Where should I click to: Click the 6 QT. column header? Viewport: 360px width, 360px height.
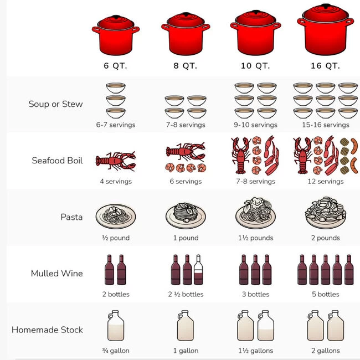(115, 65)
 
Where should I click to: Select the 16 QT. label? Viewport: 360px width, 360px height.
(325, 65)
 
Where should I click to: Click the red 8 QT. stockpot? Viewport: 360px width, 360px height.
(186, 34)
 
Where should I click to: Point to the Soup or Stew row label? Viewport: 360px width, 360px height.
(55, 104)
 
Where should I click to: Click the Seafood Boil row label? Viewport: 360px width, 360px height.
(57, 161)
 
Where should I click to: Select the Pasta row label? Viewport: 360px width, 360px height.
(71, 217)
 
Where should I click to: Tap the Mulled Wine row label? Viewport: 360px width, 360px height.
(56, 274)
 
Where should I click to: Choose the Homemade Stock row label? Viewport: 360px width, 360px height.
(47, 330)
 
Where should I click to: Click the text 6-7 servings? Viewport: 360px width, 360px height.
(115, 125)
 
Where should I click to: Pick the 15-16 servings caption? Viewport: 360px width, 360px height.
(325, 125)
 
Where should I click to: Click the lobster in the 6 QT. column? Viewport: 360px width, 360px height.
(115, 161)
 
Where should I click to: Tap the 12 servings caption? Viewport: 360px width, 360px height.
(325, 182)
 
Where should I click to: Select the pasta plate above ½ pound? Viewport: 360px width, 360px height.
(115, 214)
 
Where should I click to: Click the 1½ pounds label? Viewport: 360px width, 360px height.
(255, 238)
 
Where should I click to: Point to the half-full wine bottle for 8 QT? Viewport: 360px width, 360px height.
(198, 270)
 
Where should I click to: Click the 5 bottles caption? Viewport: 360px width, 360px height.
(325, 295)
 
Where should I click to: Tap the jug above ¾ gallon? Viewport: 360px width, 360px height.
(115, 326)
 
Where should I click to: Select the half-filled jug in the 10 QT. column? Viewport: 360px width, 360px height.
(265, 326)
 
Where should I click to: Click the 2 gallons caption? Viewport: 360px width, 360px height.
(325, 351)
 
